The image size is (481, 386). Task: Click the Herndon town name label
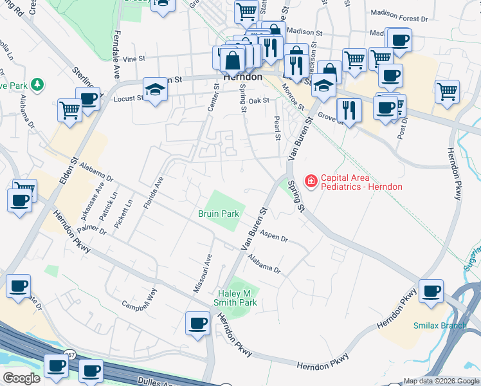(242, 77)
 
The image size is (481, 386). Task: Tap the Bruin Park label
(218, 214)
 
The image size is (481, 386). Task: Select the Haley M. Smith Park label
(236, 297)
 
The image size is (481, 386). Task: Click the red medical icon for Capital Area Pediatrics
(311, 182)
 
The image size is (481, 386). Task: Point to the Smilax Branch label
(439, 326)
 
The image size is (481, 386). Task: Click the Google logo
(21, 378)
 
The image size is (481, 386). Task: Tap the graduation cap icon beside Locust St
(155, 90)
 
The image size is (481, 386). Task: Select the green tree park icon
(37, 84)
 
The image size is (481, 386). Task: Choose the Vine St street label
(134, 59)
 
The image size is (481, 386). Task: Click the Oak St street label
(259, 100)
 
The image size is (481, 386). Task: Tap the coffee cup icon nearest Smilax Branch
(430, 291)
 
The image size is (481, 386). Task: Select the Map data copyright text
(441, 381)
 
